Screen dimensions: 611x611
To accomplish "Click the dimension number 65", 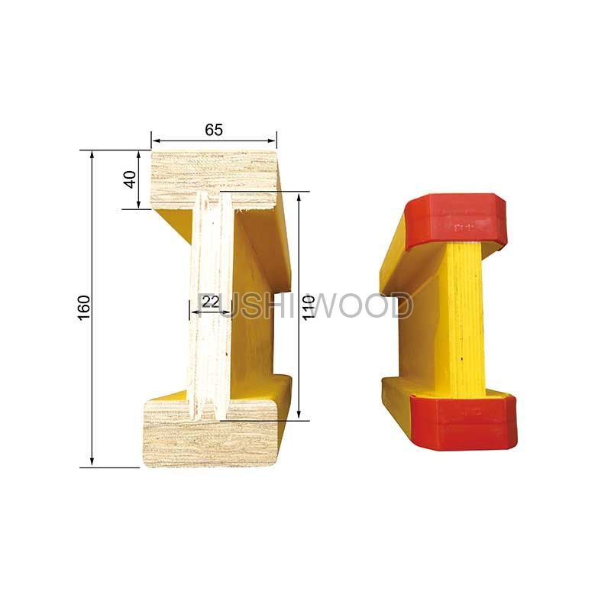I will click(x=214, y=130).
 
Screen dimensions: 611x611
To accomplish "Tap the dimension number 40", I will click(x=130, y=179).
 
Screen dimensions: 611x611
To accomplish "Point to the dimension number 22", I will click(x=211, y=302).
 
